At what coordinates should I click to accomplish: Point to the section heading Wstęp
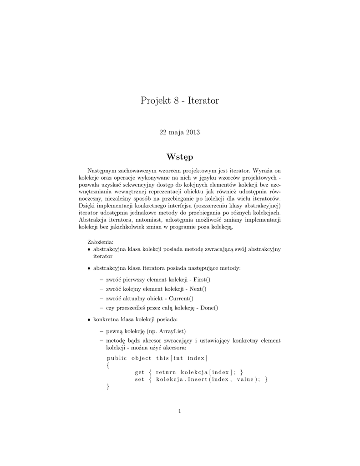click(180, 157)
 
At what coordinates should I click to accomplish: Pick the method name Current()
click(181, 298)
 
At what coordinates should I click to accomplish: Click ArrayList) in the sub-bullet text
click(172, 330)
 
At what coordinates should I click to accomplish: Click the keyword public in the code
click(117, 358)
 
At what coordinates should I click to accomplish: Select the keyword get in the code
click(139, 372)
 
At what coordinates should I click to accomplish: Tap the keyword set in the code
click(139, 379)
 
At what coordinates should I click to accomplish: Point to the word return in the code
click(165, 372)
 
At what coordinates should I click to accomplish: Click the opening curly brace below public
click(108, 365)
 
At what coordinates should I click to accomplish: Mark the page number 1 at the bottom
click(180, 411)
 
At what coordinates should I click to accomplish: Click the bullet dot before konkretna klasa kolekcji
click(89, 320)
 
